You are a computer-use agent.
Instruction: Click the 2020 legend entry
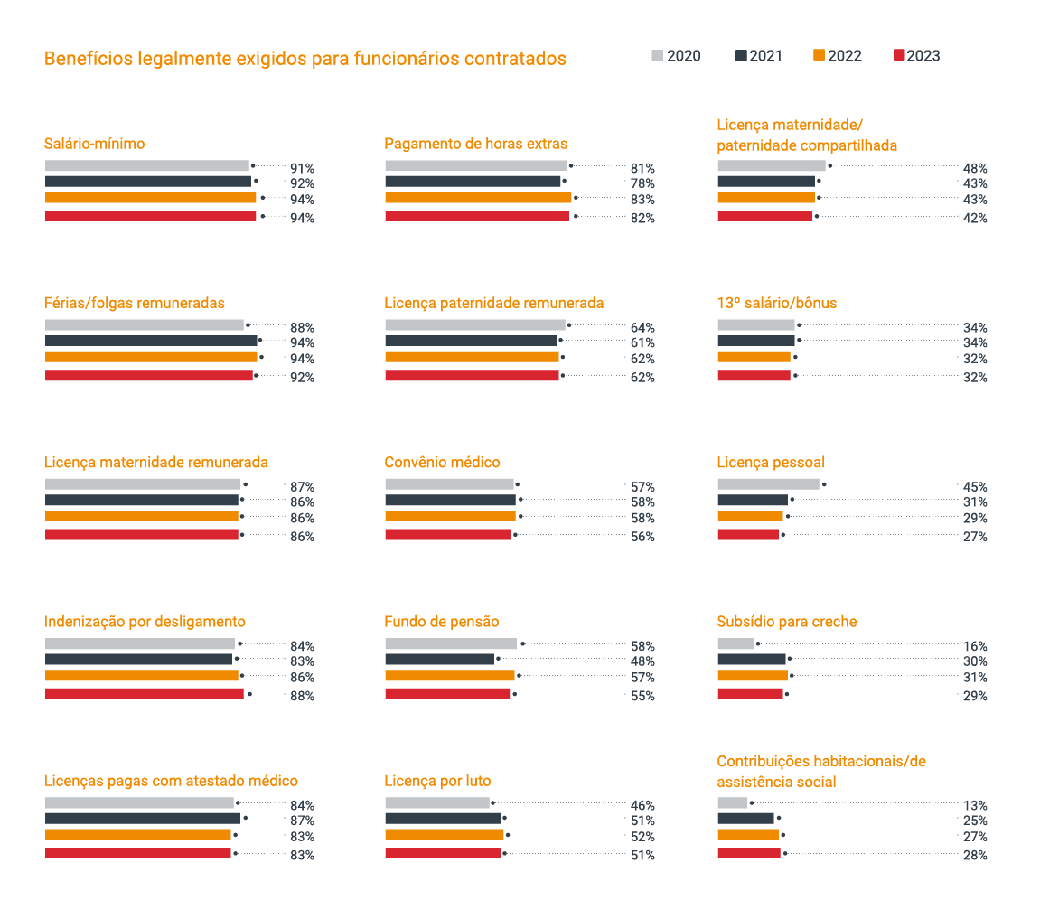pos(676,56)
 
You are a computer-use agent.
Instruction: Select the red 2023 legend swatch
pos(899,56)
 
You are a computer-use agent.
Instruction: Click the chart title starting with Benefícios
pos(305,59)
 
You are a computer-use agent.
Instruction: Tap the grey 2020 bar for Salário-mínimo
pos(146,165)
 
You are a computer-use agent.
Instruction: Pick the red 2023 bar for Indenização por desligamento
pos(145,694)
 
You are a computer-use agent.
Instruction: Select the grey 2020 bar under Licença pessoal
pos(768,484)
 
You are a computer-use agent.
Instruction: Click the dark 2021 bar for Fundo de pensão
pos(439,660)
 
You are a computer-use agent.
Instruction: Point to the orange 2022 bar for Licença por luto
pos(444,835)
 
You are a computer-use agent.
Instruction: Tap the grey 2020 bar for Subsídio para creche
pos(735,643)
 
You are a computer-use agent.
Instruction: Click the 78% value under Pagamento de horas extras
pos(642,183)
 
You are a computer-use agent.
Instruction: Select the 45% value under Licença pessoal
pos(975,487)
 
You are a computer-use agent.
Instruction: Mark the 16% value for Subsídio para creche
pos(975,646)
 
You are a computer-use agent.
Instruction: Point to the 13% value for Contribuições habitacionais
pos(975,805)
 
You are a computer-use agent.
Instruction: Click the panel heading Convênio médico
pos(442,463)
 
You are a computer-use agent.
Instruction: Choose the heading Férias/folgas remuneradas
pos(135,303)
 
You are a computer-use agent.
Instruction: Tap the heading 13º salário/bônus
pos(777,303)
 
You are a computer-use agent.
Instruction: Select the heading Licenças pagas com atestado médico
pos(171,781)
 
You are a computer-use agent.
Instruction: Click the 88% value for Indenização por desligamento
pos(302,696)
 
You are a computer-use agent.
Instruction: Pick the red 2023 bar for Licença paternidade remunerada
pos(472,375)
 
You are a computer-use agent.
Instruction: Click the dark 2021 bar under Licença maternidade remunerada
pos(142,500)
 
